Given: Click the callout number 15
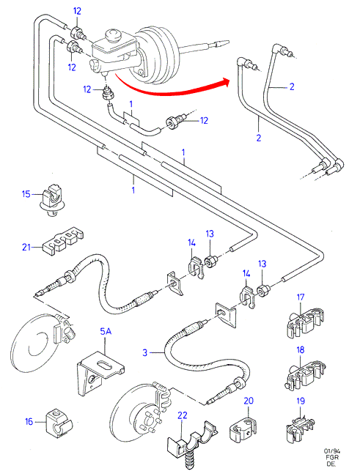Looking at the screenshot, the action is click(26, 194).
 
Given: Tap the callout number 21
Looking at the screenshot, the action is click(26, 247).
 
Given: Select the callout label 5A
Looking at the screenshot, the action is click(106, 331).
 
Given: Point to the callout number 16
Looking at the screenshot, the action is click(29, 422).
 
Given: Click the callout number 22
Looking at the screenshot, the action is click(183, 415).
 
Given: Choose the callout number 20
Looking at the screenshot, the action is click(249, 401).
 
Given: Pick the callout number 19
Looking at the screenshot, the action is click(301, 401).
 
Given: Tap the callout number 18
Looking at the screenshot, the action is click(301, 350).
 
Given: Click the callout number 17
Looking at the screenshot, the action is click(301, 297).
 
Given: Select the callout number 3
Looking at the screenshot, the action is click(145, 352).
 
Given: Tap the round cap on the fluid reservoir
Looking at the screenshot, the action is click(113, 34).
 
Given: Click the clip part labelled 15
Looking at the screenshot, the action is click(52, 199).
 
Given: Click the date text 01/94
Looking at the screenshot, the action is click(332, 451).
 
